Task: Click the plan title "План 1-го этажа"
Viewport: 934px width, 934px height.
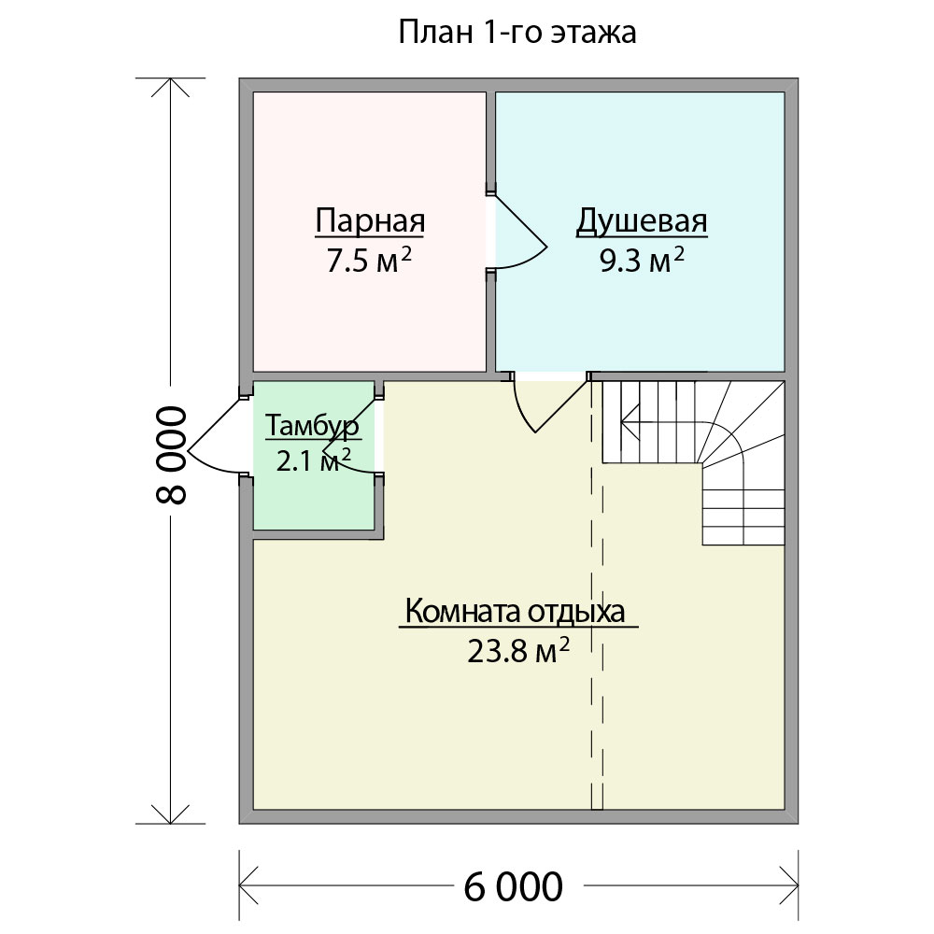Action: tap(517, 33)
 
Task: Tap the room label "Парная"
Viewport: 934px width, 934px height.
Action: tap(370, 221)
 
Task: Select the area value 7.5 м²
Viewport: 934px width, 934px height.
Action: tap(369, 261)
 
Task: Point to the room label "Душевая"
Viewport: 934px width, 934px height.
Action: tap(642, 222)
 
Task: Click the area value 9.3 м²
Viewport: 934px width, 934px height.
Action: tap(642, 261)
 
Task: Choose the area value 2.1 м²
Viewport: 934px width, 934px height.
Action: tap(313, 460)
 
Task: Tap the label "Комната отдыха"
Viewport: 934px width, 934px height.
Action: tap(516, 612)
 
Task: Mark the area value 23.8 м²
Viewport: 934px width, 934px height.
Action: tap(518, 650)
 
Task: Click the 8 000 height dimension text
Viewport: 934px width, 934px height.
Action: tap(172, 455)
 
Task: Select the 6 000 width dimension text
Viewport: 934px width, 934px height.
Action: tap(513, 887)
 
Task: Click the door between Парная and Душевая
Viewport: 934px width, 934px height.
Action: tap(517, 232)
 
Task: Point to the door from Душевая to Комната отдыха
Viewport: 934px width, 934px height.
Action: tap(549, 406)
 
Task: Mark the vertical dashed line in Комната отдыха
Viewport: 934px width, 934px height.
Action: tap(597, 596)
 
